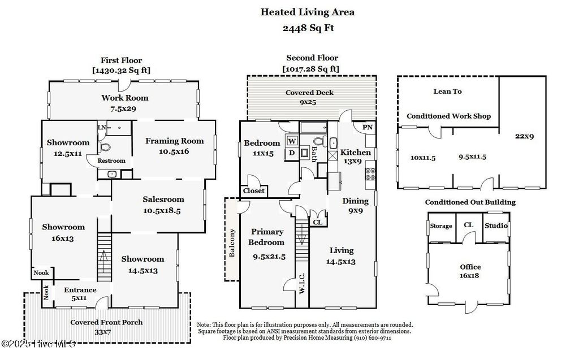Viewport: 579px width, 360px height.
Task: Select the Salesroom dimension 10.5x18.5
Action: coord(163,211)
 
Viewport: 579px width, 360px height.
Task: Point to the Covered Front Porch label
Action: coord(106,322)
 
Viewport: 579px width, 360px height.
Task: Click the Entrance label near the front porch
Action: coord(80,290)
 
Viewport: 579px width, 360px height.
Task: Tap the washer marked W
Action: coord(293,141)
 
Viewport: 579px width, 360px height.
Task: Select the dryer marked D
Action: coord(292,153)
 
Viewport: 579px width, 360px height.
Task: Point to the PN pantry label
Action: coord(367,128)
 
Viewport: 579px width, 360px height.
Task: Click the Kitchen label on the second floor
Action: coord(356,152)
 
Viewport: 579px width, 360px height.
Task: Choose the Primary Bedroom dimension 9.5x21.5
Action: coord(269,256)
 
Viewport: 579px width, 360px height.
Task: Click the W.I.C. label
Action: coord(302,284)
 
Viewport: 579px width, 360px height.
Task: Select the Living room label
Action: coord(341,250)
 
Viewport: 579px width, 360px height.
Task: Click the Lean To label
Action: coord(447,91)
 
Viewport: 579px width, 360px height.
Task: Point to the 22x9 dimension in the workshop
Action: coord(524,136)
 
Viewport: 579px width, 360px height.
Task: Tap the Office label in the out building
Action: coord(470,267)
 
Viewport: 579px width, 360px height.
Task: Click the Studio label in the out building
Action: coord(496,225)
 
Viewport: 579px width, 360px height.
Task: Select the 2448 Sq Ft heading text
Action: coord(308,28)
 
